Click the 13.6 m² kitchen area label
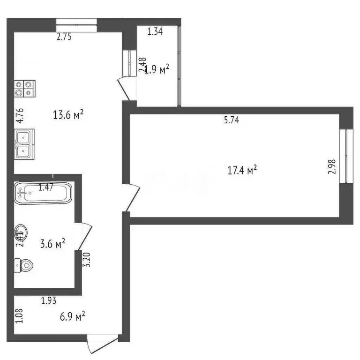click(x=68, y=114)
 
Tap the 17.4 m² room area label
click(x=242, y=170)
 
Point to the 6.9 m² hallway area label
click(x=72, y=316)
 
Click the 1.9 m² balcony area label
click(x=157, y=70)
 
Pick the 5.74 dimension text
click(x=232, y=120)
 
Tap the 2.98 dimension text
click(x=332, y=167)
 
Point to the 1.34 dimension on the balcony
click(x=155, y=32)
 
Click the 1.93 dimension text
click(x=49, y=301)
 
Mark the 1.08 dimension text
click(x=19, y=315)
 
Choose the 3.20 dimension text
click(x=86, y=260)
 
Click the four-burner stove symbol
click(x=25, y=88)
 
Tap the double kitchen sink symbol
click(x=23, y=143)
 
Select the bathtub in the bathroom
click(x=43, y=193)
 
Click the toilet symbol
click(x=24, y=265)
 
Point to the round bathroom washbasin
click(x=21, y=231)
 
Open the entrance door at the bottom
click(x=102, y=345)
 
